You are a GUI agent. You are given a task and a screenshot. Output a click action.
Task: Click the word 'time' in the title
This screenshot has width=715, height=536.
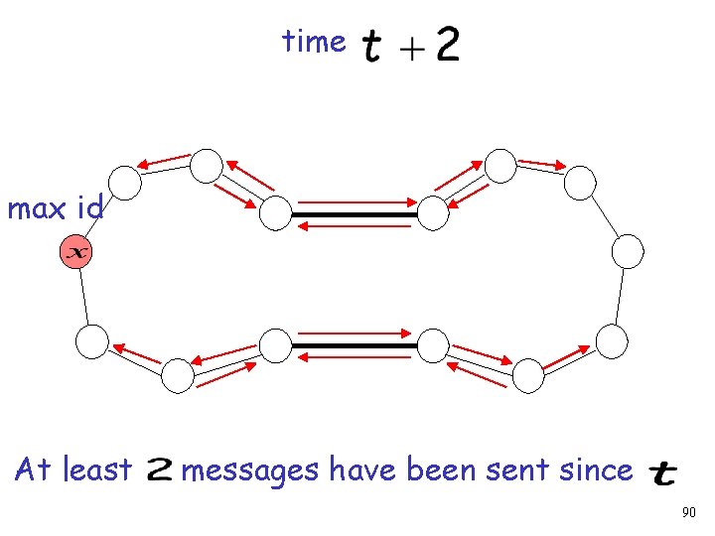coord(314,42)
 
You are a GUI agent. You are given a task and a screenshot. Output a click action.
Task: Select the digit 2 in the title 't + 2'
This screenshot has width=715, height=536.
coord(447,44)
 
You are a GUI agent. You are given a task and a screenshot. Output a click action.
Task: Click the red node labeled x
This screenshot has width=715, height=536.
coord(75,253)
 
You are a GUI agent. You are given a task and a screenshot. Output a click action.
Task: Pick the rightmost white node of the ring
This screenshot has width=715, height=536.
coord(628,251)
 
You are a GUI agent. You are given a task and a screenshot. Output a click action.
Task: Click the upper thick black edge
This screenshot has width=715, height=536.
coord(355,213)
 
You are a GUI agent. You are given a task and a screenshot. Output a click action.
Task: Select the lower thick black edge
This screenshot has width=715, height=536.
coord(355,345)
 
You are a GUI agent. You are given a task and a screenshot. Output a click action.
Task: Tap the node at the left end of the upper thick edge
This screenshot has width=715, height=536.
coord(276,211)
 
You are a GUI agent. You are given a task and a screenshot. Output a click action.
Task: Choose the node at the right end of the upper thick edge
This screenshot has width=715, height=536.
coord(433,211)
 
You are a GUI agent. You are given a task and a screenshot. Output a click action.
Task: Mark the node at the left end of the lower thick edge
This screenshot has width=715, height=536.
coord(275,344)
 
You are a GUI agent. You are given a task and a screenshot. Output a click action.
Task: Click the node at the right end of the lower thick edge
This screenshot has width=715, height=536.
coord(433,344)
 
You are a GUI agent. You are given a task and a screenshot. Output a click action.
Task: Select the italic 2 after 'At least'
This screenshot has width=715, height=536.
coord(160,470)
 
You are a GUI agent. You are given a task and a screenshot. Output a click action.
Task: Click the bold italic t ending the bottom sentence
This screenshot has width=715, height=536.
coord(661,473)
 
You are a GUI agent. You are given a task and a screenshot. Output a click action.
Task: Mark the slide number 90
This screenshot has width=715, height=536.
coord(690,513)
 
